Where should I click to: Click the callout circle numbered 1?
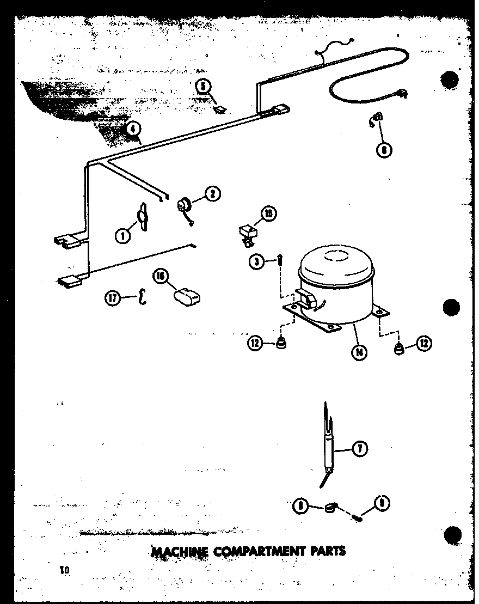(x=123, y=236)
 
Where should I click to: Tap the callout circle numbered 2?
(x=212, y=193)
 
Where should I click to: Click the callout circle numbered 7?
(x=360, y=449)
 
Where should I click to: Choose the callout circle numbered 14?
(x=359, y=351)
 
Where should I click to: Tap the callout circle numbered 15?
(x=268, y=214)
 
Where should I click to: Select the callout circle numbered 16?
(x=161, y=277)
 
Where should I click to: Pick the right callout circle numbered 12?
(x=424, y=343)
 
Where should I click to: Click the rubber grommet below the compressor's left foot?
(x=281, y=345)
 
